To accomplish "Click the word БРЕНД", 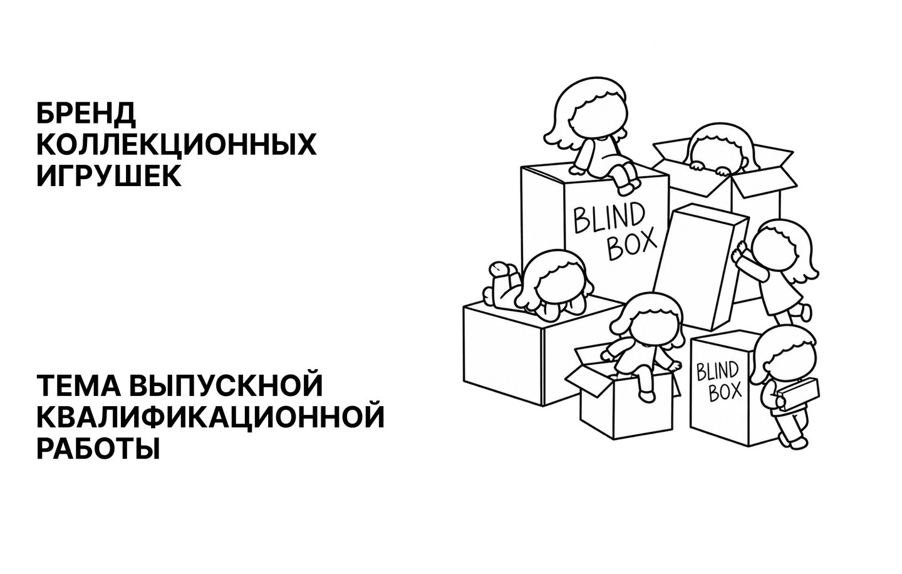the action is point(86,113).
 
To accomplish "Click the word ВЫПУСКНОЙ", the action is point(227,385).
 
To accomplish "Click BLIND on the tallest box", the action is point(609,219).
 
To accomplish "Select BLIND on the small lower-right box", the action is point(717,371).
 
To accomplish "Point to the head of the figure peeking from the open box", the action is point(721,149).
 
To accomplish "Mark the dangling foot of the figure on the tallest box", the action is point(628,187).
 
